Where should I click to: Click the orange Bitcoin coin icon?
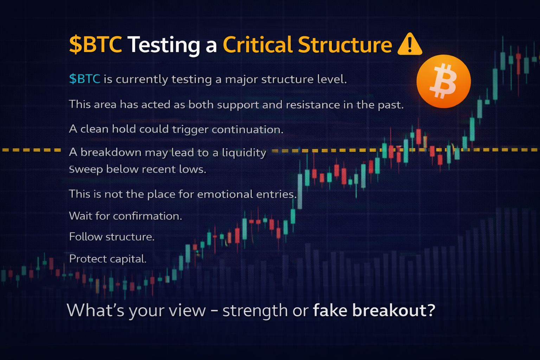pyautogui.click(x=444, y=81)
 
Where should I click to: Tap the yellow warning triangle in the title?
pyautogui.click(x=410, y=44)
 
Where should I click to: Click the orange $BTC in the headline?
pyautogui.click(x=96, y=44)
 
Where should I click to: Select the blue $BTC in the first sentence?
pyautogui.click(x=85, y=79)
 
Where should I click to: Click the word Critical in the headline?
pyautogui.click(x=258, y=44)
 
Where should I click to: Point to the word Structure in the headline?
pyautogui.click(x=345, y=45)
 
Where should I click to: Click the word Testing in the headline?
pyautogui.click(x=163, y=45)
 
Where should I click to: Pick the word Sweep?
pyautogui.click(x=85, y=169)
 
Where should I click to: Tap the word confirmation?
pyautogui.click(x=147, y=216)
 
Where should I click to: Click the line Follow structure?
pyautogui.click(x=111, y=237)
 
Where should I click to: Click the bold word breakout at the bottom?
pyautogui.click(x=394, y=310)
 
